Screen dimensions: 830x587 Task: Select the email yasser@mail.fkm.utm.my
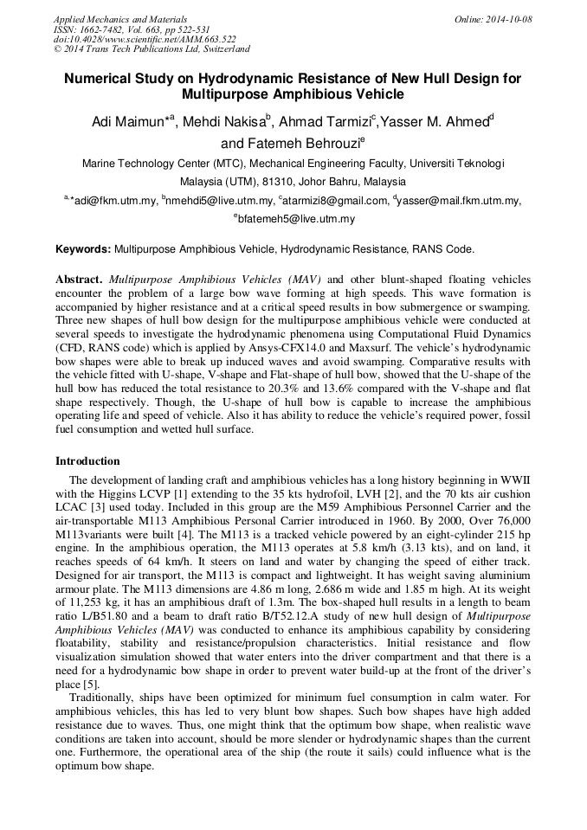coord(459,201)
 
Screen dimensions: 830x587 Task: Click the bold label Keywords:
coord(83,249)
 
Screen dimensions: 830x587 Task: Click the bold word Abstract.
coord(79,280)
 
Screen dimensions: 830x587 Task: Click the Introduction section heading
coord(87,461)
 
